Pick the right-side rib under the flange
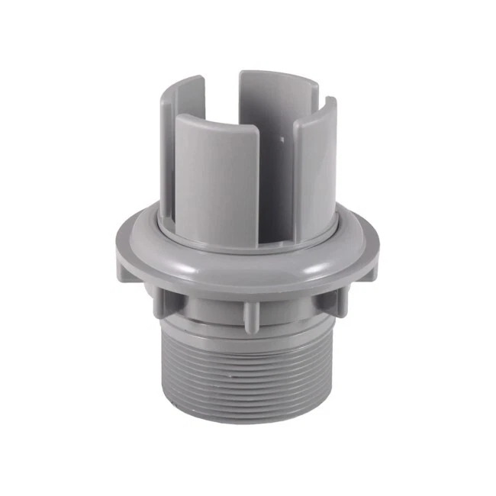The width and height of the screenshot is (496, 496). [x=329, y=300]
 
